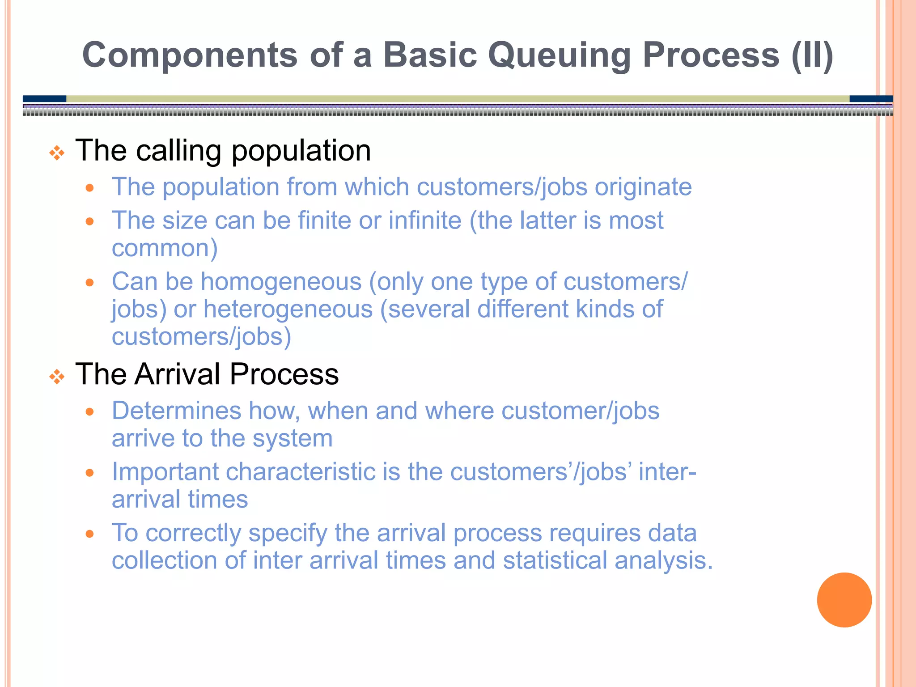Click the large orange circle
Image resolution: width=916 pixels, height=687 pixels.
tap(844, 600)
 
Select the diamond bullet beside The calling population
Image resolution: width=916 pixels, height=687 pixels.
tap(57, 153)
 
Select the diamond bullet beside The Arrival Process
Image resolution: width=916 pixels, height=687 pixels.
tap(57, 377)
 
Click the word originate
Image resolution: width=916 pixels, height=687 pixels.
tap(643, 187)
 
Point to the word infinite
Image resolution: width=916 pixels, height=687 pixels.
tap(424, 221)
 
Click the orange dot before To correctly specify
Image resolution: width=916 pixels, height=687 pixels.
tap(90, 534)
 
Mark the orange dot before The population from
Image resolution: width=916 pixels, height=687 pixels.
tap(90, 188)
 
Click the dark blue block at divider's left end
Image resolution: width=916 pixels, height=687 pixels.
tap(44, 98)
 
